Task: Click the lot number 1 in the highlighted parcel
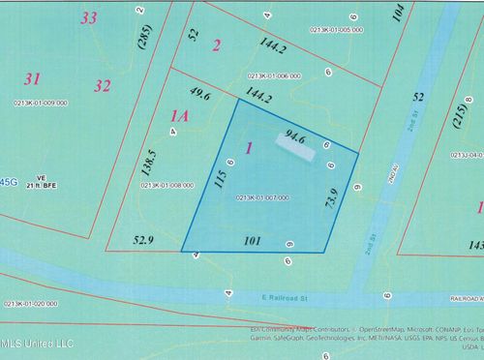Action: (250, 148)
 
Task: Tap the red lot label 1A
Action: (179, 117)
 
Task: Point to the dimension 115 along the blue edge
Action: (221, 182)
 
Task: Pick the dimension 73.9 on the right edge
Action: (330, 204)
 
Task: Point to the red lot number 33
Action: (90, 17)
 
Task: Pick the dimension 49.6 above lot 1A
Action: (200, 94)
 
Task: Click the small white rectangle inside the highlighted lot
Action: (291, 142)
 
